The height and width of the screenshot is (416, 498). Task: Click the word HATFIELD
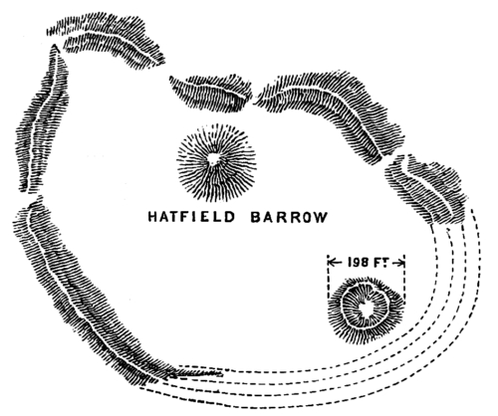tap(191, 217)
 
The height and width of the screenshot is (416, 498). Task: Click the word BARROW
tap(289, 217)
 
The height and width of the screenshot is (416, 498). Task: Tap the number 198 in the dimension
tap(359, 263)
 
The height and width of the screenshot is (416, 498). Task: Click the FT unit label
tap(380, 263)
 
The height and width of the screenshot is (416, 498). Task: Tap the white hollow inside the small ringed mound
tap(368, 309)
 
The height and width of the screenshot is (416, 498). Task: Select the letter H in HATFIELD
tap(152, 217)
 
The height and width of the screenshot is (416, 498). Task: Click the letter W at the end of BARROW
tap(322, 218)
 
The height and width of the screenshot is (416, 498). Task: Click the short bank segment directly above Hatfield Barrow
tap(211, 93)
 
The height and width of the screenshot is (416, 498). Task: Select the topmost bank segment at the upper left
tap(107, 40)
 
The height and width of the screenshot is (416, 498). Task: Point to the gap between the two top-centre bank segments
tap(254, 98)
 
